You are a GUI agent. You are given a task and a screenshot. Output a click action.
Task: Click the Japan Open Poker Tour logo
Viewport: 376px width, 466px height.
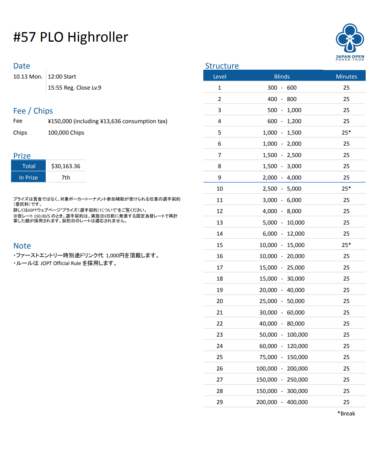coord(350,42)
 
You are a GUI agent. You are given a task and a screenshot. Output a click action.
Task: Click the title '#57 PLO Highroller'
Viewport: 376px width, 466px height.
coord(70,37)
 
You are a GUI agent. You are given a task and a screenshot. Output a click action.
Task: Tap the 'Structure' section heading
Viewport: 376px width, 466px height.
coord(222,66)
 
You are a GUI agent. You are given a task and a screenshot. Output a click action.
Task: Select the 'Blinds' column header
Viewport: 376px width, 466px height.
coord(282,76)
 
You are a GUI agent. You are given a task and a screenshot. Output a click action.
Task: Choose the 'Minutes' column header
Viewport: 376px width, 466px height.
coord(346,76)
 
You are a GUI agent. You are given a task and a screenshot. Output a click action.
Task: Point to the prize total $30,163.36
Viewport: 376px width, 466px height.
coord(66,166)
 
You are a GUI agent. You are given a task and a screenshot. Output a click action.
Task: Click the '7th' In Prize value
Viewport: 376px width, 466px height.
coord(66,177)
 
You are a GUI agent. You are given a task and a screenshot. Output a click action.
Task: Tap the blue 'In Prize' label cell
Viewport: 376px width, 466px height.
coord(28,177)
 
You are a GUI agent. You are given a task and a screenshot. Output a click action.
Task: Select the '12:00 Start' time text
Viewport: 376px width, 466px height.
coord(62,77)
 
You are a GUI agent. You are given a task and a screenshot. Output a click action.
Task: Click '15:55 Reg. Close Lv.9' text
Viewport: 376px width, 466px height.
coord(74,88)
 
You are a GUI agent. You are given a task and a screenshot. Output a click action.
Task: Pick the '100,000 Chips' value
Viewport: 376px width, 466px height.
coord(66,133)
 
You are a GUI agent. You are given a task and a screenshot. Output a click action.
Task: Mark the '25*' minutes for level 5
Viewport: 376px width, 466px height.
coord(346,132)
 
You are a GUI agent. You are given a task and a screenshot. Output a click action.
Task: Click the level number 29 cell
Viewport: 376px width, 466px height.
coord(220,402)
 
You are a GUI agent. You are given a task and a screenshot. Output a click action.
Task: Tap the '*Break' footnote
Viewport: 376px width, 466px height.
coord(346,413)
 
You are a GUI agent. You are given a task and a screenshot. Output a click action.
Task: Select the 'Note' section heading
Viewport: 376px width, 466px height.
coord(22,246)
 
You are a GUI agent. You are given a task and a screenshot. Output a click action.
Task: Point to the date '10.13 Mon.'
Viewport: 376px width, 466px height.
coord(28,77)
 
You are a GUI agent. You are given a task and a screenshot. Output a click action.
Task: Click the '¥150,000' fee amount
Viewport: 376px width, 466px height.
coord(60,121)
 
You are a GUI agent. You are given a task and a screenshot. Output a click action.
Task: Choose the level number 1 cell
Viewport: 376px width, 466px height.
coord(220,88)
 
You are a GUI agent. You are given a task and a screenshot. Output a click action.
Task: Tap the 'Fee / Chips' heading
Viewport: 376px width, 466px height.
coord(33,111)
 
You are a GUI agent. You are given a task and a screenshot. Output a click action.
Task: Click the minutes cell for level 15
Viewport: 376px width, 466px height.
coord(346,245)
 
